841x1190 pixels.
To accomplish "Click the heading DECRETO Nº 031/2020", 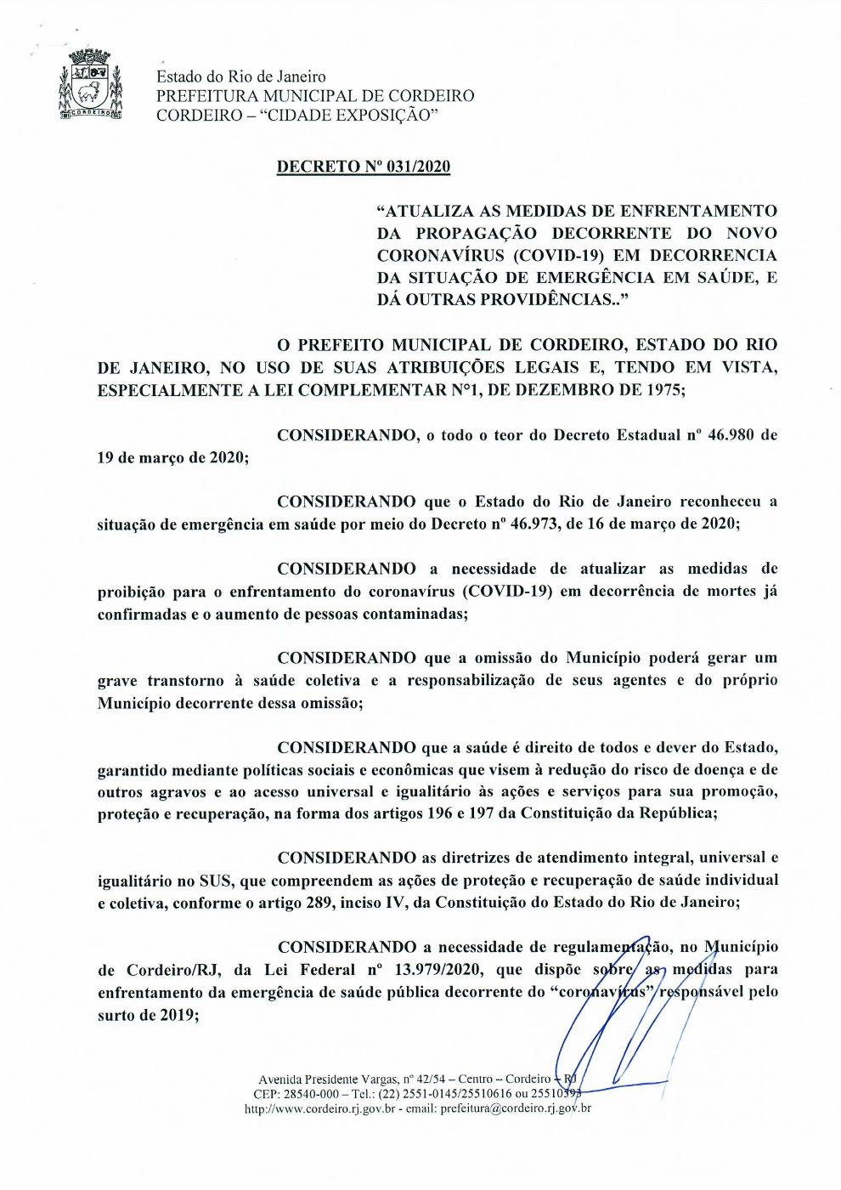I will pyautogui.click(x=364, y=166).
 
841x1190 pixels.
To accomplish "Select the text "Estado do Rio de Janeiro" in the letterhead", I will pyautogui.click(x=240, y=77).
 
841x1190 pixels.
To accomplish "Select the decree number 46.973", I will pyautogui.click(x=534, y=524).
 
